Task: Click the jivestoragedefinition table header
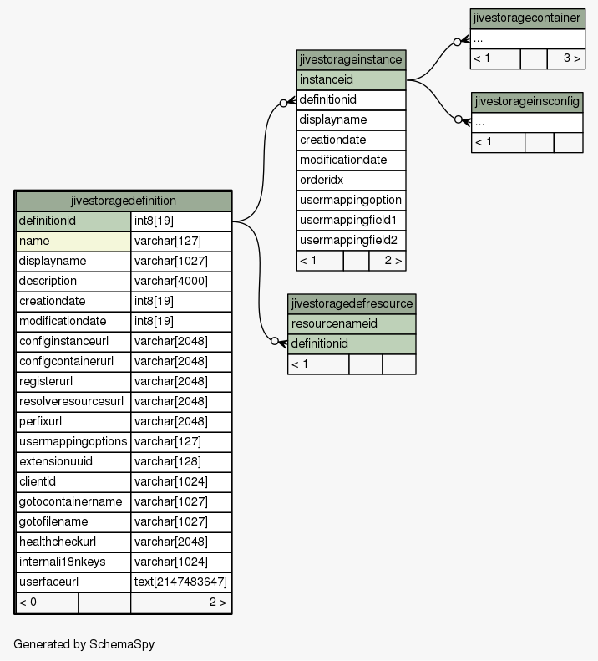pyautogui.click(x=123, y=201)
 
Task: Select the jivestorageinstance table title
pyautogui.click(x=351, y=59)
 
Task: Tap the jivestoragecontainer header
pyautogui.click(x=527, y=18)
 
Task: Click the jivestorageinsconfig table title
pyautogui.click(x=527, y=102)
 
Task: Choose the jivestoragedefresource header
pyautogui.click(x=352, y=303)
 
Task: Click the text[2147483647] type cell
pyautogui.click(x=180, y=582)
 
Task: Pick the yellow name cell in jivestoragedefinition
pyautogui.click(x=73, y=242)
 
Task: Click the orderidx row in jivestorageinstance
pyautogui.click(x=351, y=180)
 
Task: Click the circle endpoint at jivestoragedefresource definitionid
pyautogui.click(x=274, y=341)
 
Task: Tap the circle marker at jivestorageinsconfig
pyautogui.click(x=459, y=119)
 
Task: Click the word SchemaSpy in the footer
pyautogui.click(x=122, y=644)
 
